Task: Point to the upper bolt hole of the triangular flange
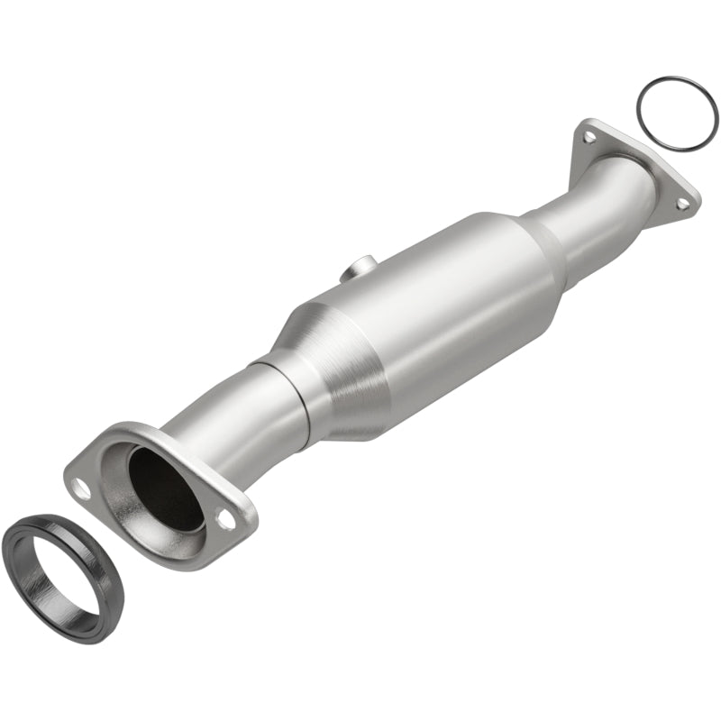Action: coord(589,137)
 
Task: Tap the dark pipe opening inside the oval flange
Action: coord(166,487)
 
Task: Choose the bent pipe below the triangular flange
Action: coord(604,216)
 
